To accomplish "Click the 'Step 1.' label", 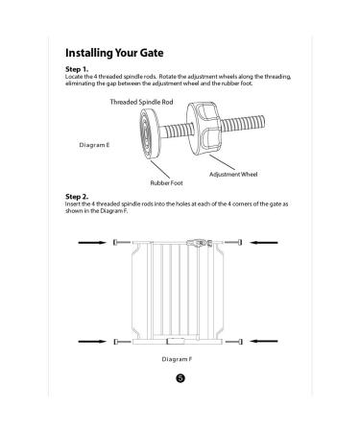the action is [77, 69].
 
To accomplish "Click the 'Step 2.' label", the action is [77, 195].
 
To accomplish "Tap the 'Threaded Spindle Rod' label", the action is [142, 101].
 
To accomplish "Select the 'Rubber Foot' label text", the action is [165, 181].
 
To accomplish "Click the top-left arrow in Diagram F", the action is [93, 244].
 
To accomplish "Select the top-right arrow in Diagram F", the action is [264, 244].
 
